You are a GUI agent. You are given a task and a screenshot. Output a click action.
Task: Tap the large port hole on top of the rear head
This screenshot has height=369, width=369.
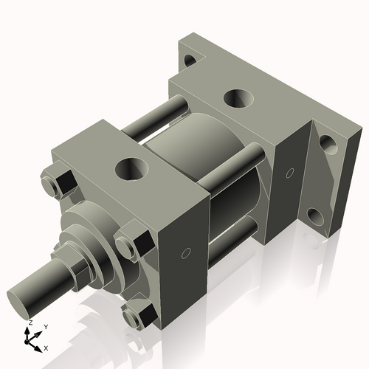tap(238, 97)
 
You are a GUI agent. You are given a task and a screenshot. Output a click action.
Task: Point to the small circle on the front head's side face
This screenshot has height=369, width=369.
tap(186, 254)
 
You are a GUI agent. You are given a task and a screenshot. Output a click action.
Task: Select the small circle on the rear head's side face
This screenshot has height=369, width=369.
tap(289, 173)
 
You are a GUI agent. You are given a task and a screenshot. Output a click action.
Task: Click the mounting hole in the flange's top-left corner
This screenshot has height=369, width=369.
tap(190, 58)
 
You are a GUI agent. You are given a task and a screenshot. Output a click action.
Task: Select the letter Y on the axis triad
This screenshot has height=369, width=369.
tap(45, 326)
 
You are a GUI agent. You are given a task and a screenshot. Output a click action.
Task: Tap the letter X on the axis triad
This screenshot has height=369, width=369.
tap(46, 347)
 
